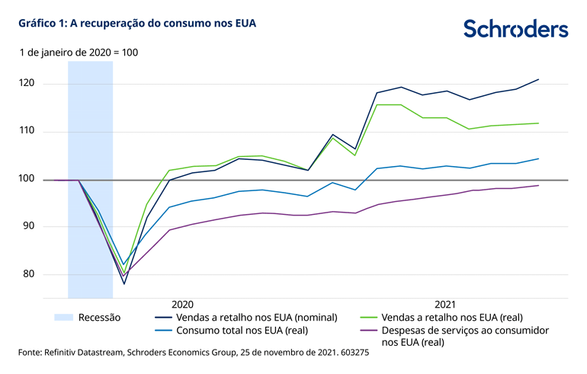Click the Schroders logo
click(x=515, y=30)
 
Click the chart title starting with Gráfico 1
click(x=132, y=24)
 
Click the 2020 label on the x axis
click(x=182, y=302)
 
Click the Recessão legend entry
click(x=99, y=317)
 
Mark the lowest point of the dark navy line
click(x=123, y=284)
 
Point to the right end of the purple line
click(x=539, y=185)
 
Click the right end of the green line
click(x=539, y=123)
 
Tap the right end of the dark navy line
click(x=539, y=79)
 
